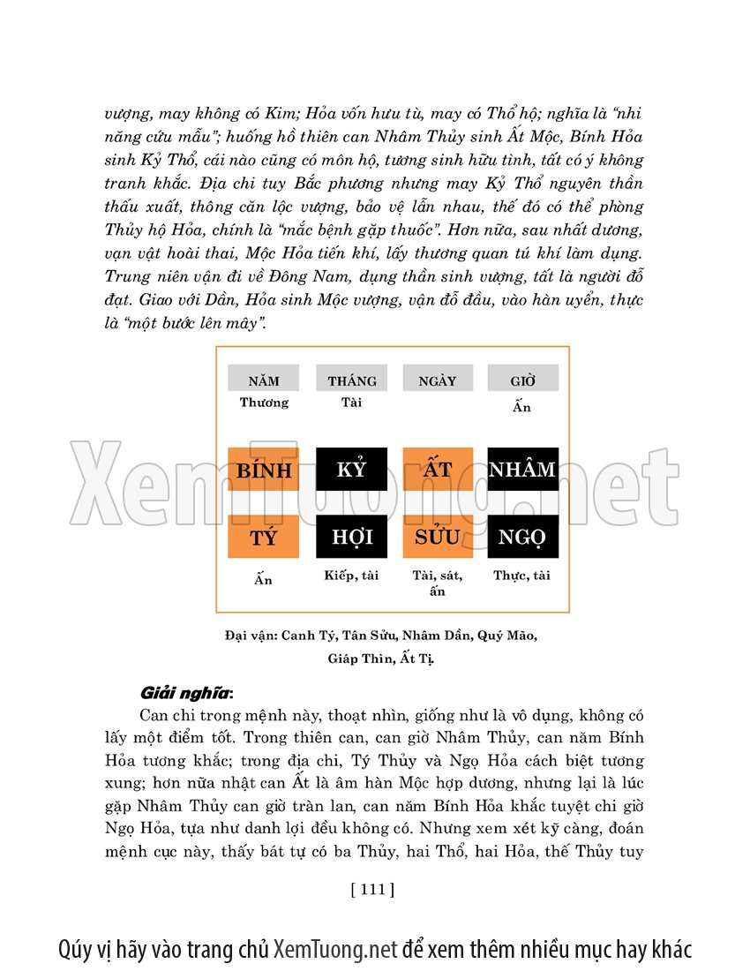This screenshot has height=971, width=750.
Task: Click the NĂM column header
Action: click(x=263, y=380)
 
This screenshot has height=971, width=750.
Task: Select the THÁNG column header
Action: click(x=351, y=380)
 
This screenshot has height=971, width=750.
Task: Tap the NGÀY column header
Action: click(x=438, y=380)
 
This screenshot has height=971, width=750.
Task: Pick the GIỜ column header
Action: click(x=522, y=380)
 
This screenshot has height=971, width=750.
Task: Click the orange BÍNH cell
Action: click(x=263, y=470)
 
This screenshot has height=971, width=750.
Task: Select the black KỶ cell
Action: click(x=351, y=470)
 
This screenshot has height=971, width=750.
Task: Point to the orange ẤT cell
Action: click(x=438, y=470)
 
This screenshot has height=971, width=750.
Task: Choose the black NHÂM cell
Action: click(x=522, y=470)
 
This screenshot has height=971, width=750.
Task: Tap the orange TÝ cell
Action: click(x=263, y=537)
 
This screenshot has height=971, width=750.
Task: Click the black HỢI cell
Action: click(x=351, y=537)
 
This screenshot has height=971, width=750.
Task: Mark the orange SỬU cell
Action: click(x=438, y=537)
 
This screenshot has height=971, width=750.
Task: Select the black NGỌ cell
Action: click(x=522, y=537)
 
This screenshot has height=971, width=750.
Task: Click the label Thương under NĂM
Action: click(x=264, y=403)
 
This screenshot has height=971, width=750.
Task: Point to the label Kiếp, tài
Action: click(x=351, y=576)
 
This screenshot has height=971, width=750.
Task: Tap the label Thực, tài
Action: click(x=522, y=576)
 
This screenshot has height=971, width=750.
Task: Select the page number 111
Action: click(x=372, y=889)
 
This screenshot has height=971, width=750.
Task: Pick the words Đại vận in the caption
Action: click(x=251, y=636)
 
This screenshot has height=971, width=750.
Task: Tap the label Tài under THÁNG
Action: click(x=351, y=403)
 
